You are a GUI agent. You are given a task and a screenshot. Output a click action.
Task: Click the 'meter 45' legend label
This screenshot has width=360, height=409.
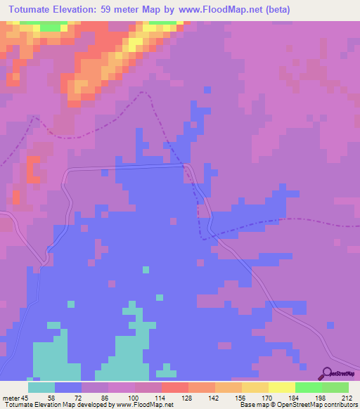tap(16, 397)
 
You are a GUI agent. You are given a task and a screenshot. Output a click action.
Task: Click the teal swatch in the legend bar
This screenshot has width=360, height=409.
tap(41, 387)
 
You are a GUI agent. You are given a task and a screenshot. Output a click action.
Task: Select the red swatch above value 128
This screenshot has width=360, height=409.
tap(175, 387)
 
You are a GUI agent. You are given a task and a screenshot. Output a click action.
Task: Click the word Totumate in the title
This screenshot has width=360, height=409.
tap(35, 11)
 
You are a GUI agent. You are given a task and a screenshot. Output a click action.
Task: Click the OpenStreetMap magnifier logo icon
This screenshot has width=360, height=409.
tap(325, 373)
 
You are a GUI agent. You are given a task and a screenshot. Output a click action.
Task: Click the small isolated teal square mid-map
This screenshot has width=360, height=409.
tap(146, 269)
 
